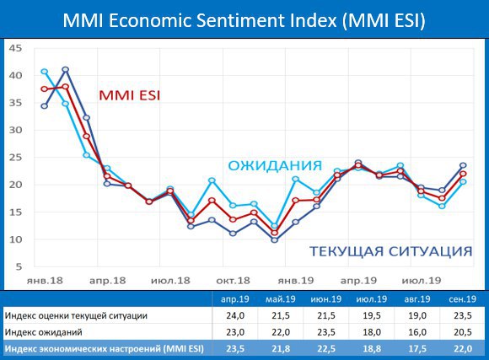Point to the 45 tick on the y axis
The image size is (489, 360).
point(15,48)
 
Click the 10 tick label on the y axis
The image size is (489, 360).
point(15,239)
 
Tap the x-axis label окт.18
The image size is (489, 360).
point(233,281)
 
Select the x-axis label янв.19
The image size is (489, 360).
point(296,281)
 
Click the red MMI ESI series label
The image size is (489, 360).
point(130,95)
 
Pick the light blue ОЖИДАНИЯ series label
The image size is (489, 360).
point(275,165)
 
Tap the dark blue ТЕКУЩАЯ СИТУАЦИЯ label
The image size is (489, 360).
point(390,251)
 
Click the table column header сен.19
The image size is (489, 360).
point(463,299)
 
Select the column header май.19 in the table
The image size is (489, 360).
point(281,299)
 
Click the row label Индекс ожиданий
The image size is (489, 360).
point(43,332)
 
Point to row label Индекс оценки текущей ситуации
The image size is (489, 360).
point(76,315)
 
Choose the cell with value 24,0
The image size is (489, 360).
point(235,315)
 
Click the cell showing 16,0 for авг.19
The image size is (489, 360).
point(417,332)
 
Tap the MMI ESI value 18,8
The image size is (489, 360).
point(372,349)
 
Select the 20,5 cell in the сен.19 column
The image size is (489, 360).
point(463,332)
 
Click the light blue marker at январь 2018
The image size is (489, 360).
point(45,72)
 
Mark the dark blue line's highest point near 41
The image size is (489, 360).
point(66,70)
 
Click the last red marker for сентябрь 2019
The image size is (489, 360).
point(463,174)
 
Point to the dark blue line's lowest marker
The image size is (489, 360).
point(275,240)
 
